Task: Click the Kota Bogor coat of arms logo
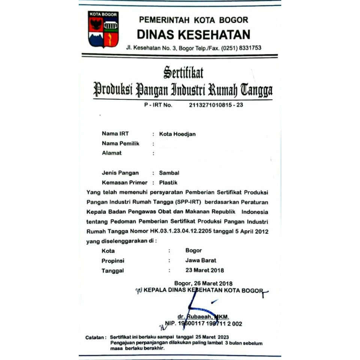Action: [103, 29]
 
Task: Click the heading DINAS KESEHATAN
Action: [193, 34]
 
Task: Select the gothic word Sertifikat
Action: [183, 72]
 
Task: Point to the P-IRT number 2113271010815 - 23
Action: [216, 105]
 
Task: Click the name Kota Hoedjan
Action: [177, 134]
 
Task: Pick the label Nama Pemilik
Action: [120, 144]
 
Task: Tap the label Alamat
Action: [112, 153]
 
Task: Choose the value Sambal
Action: [169, 173]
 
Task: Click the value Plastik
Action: [168, 183]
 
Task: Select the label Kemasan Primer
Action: [124, 183]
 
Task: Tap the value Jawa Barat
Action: [201, 260]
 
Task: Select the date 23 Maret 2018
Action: [204, 270]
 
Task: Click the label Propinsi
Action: [113, 261]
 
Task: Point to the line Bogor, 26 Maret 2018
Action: [203, 283]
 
